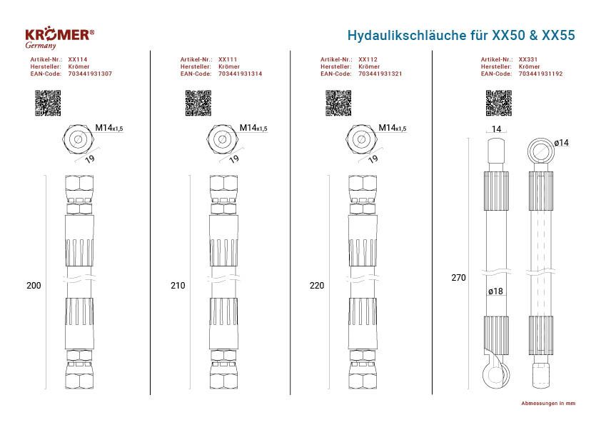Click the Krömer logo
pyautogui.click(x=59, y=38)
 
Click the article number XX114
pyautogui.click(x=77, y=59)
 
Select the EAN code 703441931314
pyautogui.click(x=240, y=74)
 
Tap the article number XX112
pyautogui.click(x=368, y=59)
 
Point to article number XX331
pyautogui.click(x=527, y=59)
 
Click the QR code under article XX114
pyautogui.click(x=48, y=103)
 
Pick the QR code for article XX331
pyautogui.click(x=499, y=103)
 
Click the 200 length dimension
pyautogui.click(x=34, y=286)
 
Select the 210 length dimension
pyautogui.click(x=178, y=286)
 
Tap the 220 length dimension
pyautogui.click(x=317, y=286)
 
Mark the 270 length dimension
pyautogui.click(x=458, y=278)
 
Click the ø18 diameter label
pyautogui.click(x=495, y=291)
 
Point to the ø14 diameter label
pyautogui.click(x=562, y=143)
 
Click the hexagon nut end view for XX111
pyautogui.click(x=222, y=139)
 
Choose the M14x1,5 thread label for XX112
pyautogui.click(x=393, y=128)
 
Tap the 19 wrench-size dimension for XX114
pyautogui.click(x=90, y=159)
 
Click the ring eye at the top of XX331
pyautogui.click(x=541, y=151)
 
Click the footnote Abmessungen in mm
pyautogui.click(x=548, y=403)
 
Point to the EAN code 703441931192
pyautogui.click(x=540, y=74)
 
